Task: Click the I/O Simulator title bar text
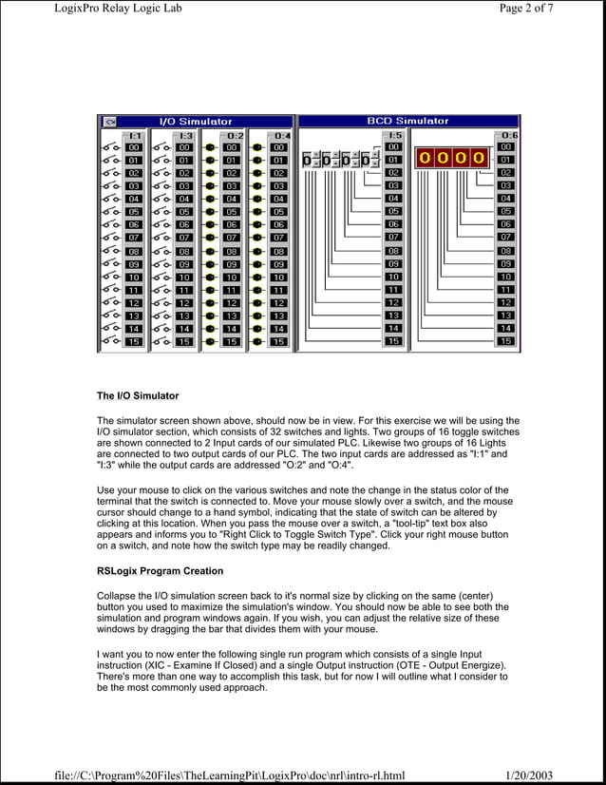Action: (194, 122)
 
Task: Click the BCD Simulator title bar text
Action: (407, 122)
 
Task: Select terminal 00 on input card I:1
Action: (134, 148)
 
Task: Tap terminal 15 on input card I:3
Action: (184, 341)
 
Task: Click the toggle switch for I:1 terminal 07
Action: (110, 238)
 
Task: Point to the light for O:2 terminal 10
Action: (209, 278)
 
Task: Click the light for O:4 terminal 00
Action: (256, 148)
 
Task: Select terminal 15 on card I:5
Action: (393, 341)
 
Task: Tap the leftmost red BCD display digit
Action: (424, 158)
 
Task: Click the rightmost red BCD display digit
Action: (478, 158)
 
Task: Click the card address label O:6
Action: (508, 135)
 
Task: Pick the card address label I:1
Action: (134, 135)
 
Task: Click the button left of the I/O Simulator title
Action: (109, 122)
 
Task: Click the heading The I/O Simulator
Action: (138, 394)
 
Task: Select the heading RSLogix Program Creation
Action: (161, 571)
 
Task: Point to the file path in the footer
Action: (229, 776)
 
